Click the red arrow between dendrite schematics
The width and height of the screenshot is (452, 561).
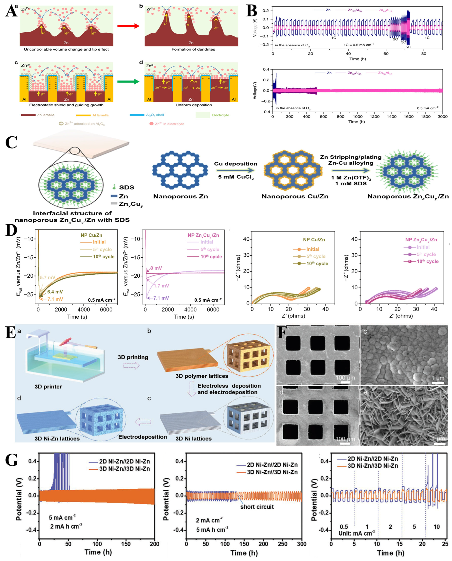point(128,26)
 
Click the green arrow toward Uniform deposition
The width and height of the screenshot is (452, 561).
point(128,82)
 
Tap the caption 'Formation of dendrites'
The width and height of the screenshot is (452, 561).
point(193,49)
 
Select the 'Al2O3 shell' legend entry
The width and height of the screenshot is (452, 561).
point(155,115)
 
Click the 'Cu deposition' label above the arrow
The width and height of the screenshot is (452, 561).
point(235,164)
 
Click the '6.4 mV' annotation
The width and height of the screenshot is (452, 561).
point(55,292)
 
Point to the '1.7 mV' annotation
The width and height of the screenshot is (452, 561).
point(161,286)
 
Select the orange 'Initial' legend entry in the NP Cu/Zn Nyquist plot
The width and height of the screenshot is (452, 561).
point(312,249)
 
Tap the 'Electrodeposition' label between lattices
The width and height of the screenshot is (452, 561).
point(142,437)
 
